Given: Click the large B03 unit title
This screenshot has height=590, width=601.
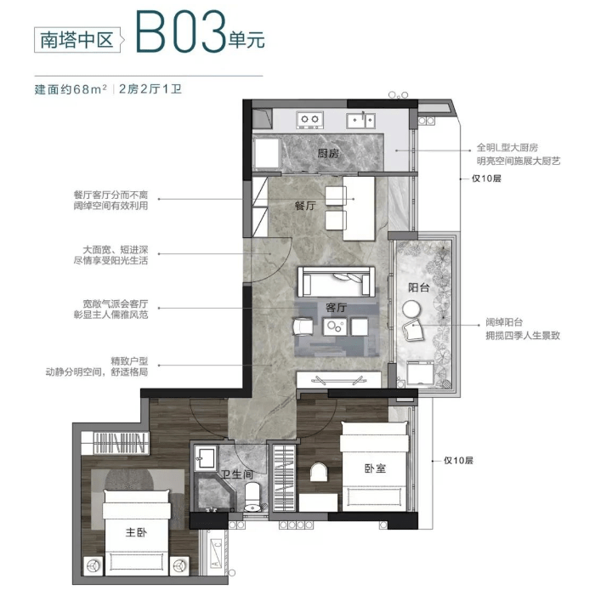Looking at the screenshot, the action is coord(180,31).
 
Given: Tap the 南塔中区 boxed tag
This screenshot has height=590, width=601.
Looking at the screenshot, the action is coord(77,40).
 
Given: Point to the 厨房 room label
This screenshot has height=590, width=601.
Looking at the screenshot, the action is coord(328,154).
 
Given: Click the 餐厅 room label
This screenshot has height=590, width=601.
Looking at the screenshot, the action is coord(305,206).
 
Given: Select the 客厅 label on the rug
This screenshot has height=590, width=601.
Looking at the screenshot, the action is coord(336,308).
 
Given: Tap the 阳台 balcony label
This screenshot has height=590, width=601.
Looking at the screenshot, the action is coord(418,287).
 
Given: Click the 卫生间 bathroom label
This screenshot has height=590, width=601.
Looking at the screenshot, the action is coord(238,474).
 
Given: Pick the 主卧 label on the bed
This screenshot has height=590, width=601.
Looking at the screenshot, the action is coord(136,532).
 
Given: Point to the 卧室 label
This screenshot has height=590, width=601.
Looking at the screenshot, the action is coord(375,468).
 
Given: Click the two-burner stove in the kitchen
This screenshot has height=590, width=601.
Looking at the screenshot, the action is coord(309,120).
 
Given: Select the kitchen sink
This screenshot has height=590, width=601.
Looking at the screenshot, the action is coord(360,120).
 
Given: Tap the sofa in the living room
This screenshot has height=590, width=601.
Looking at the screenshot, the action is coord(336,281).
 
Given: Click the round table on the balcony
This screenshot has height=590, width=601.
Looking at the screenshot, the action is coord(411,309).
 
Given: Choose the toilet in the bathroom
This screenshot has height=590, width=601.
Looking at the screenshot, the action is coord(252,496).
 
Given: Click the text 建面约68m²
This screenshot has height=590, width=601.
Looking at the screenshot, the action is coord(71,89).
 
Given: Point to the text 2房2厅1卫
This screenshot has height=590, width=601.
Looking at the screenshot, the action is coord(150,89).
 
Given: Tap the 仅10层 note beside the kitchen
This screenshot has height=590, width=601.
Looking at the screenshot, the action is coord(486,179).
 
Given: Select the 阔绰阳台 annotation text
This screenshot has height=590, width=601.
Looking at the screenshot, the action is coord(503,322).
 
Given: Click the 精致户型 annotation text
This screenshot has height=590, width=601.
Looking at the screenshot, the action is coord(129,360).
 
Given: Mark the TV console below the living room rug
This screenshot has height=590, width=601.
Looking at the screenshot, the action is coord(339,379).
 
